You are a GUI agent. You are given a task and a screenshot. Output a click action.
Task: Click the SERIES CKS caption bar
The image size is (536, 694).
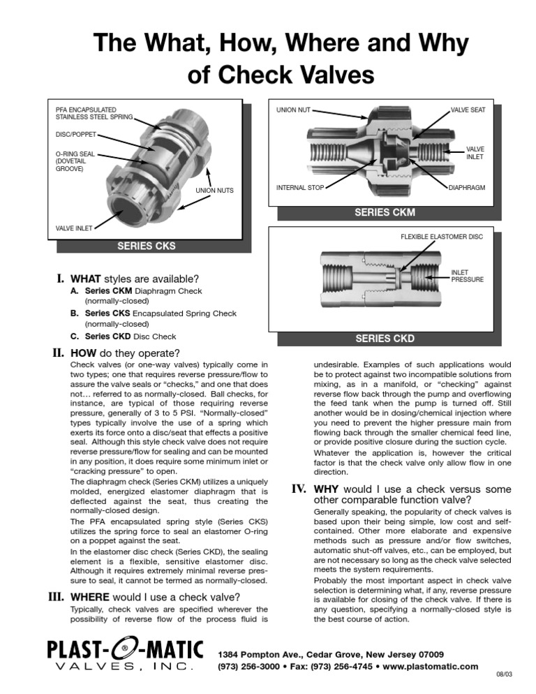[146, 246]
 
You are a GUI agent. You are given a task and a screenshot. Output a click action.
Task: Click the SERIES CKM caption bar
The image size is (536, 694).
[385, 212]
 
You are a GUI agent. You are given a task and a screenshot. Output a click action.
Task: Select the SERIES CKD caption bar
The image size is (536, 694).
[385, 339]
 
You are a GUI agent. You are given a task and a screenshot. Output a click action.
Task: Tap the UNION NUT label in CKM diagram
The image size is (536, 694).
[293, 110]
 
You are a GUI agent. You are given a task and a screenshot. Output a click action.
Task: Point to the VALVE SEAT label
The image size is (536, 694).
[472, 110]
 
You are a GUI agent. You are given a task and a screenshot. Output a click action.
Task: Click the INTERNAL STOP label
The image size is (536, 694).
[300, 188]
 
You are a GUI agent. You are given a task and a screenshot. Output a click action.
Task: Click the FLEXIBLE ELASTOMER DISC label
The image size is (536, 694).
[441, 237]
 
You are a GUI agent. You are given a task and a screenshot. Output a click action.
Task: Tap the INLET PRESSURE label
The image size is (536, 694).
[467, 276]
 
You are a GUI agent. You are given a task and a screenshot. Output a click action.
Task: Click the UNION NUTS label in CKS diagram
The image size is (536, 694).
[214, 191]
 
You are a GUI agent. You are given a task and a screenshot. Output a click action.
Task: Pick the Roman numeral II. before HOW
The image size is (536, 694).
[62, 352]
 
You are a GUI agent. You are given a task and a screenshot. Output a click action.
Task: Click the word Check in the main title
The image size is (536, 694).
[248, 75]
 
